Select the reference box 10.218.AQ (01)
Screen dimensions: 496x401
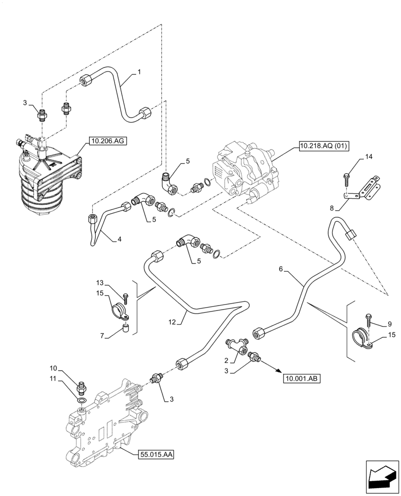click(324, 145)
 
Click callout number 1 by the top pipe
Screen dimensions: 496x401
click(139, 72)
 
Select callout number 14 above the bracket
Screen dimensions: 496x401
click(368, 157)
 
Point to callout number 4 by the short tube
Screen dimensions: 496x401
click(119, 239)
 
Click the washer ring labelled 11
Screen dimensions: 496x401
click(81, 399)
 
